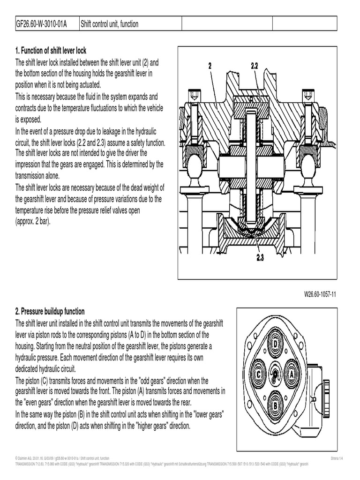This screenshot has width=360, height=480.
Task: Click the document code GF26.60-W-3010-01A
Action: click(41, 24)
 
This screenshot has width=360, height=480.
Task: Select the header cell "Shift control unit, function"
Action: click(110, 24)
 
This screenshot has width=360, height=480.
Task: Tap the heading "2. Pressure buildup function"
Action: click(50, 312)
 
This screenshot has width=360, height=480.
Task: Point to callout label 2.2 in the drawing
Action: click(255, 67)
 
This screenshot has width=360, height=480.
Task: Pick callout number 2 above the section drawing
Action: click(210, 67)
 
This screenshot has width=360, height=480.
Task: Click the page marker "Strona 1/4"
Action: click(337, 457)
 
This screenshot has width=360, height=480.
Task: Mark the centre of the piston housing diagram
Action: click(276, 374)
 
